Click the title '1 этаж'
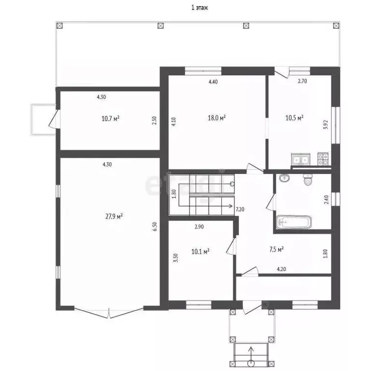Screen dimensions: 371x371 pos(200,8)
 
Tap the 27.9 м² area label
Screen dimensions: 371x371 pos(114,216)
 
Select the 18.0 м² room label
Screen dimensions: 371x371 pos(216,117)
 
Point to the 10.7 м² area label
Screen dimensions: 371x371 pos(110,118)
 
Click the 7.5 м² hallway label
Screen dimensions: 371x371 pos(276,249)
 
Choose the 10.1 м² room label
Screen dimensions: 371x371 pos(200,251)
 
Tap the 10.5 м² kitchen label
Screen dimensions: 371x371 pos(294,117)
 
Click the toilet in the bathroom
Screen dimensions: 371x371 pos(308,179)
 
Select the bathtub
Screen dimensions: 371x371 pos(294,222)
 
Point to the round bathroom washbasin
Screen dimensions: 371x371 pos(284,178)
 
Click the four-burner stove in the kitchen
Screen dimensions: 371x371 pos(323,159)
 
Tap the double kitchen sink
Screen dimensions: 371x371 pos(300,159)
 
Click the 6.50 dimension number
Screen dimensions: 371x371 pos(155,227)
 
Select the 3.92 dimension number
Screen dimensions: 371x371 pos(326,125)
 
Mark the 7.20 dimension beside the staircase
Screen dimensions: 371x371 pos(240,209)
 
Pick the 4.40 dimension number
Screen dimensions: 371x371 pos(213,82)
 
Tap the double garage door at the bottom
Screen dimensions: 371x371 pos(109,313)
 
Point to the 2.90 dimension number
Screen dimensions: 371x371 pos(199,227)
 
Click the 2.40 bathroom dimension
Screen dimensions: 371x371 pos(326,200)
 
